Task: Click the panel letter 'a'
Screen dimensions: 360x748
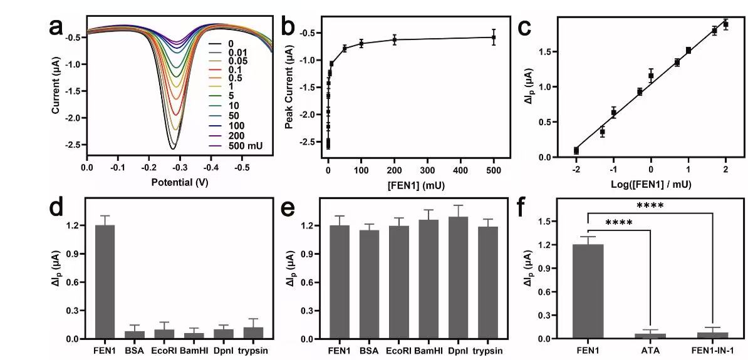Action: [63, 30]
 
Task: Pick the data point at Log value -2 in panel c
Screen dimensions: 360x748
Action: [576, 150]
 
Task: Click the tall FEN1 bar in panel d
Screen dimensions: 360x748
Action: [104, 282]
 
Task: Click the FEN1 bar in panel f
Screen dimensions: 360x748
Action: [588, 291]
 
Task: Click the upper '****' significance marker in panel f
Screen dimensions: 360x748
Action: [650, 206]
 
